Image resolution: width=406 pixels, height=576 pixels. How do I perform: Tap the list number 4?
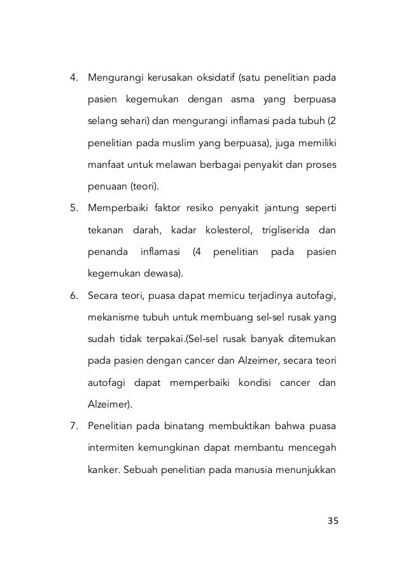73,79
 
